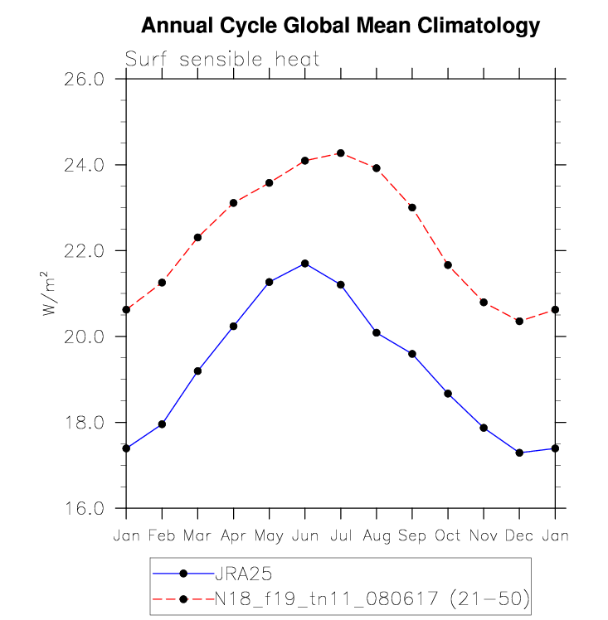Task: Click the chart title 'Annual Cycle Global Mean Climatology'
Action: [340, 27]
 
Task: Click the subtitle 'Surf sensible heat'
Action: [222, 60]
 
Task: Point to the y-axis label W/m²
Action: [51, 293]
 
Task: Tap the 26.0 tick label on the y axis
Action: [85, 80]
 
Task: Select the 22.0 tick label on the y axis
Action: [85, 251]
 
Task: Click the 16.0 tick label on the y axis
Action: [85, 509]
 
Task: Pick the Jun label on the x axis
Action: [304, 536]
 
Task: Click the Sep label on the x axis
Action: [412, 536]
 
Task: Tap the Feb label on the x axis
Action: [162, 536]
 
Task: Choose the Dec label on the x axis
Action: [519, 536]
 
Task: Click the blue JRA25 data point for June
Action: [305, 264]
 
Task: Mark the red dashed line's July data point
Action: [341, 153]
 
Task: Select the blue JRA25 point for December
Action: [519, 453]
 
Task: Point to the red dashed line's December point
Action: [519, 321]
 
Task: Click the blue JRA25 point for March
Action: [197, 371]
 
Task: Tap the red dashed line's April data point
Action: [234, 203]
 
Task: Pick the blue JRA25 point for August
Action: [377, 333]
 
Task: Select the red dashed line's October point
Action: [448, 264]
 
